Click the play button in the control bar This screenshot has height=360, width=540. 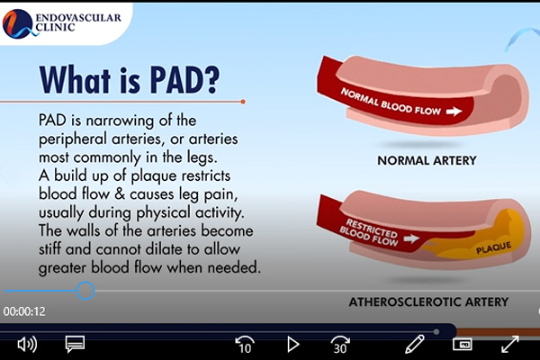click(x=293, y=345)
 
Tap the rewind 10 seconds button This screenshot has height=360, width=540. click(x=245, y=345)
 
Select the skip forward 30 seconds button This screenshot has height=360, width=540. click(x=340, y=345)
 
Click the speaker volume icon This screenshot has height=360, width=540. click(x=27, y=345)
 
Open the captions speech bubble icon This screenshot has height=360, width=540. click(x=75, y=344)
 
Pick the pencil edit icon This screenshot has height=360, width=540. click(x=415, y=344)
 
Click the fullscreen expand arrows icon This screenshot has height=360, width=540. click(x=510, y=344)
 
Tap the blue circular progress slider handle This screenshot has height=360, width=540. click(x=85, y=291)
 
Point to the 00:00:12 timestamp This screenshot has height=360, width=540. click(x=24, y=311)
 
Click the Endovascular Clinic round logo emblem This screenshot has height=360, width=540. click(x=17, y=23)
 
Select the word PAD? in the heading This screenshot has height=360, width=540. click(x=184, y=79)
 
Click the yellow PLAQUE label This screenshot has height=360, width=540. click(x=493, y=247)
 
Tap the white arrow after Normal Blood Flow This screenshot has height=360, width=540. click(x=454, y=112)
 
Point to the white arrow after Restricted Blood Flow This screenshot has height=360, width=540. click(x=411, y=238)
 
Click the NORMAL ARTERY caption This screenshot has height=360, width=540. click(x=427, y=160)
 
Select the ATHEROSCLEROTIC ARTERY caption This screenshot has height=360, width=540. click(x=428, y=302)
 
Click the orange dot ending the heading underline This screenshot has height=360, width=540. click(x=243, y=102)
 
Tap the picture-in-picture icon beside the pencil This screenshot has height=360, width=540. click(x=463, y=344)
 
